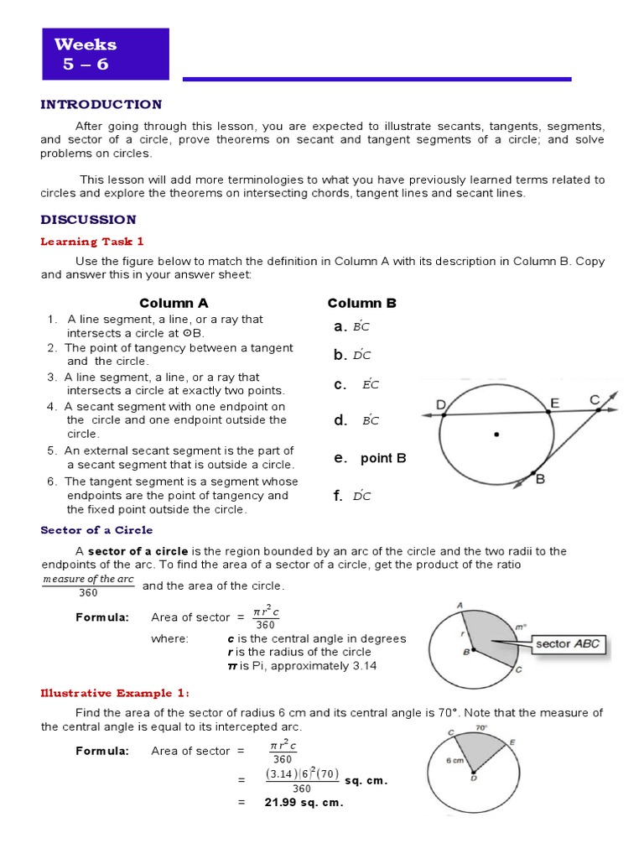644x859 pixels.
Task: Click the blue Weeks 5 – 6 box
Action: point(106,55)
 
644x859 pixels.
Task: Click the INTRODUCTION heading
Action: point(101,105)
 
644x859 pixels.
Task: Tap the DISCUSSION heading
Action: point(88,220)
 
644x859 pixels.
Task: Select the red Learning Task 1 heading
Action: point(92,242)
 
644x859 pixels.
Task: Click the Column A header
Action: point(173,303)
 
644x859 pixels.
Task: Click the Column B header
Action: point(361,303)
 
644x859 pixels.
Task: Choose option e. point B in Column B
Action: point(370,458)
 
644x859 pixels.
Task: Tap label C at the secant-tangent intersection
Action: point(595,401)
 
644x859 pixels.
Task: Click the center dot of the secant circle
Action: point(496,435)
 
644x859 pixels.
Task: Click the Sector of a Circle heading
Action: point(97,530)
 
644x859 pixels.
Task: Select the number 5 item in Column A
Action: point(172,457)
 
